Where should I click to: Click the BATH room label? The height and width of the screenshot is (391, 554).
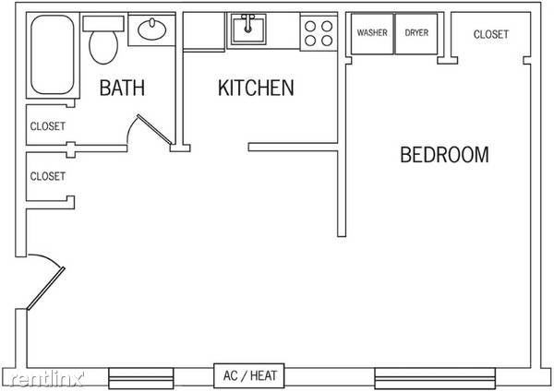click(x=122, y=88)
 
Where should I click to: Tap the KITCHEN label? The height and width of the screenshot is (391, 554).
click(x=256, y=88)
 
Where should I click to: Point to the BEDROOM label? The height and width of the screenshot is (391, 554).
click(x=444, y=155)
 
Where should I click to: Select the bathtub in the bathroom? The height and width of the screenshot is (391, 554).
click(x=53, y=54)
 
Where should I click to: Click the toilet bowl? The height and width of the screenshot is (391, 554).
click(x=103, y=47)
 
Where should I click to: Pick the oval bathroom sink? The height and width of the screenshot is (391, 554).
click(x=152, y=29)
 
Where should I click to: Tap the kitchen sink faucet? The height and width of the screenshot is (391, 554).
click(x=248, y=23)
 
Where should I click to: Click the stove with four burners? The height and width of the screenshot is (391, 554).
click(x=319, y=33)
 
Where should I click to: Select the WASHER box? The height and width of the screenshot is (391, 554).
click(x=372, y=34)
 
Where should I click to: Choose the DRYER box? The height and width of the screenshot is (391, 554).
click(x=416, y=34)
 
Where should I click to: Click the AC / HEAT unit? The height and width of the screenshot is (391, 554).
click(x=249, y=376)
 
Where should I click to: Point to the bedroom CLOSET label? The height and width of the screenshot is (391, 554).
click(x=491, y=34)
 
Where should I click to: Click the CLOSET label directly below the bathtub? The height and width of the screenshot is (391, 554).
click(x=48, y=126)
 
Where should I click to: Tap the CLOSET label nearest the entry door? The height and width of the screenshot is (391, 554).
click(x=48, y=176)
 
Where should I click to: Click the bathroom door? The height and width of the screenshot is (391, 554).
click(x=154, y=129)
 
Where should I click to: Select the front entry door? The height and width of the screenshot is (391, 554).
click(x=46, y=289)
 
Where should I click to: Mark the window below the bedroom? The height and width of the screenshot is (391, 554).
click(x=435, y=378)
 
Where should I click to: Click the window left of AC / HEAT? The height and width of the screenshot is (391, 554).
click(x=141, y=378)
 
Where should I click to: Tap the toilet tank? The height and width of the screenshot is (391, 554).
click(x=103, y=24)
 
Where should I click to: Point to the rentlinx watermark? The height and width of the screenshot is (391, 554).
click(x=46, y=379)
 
